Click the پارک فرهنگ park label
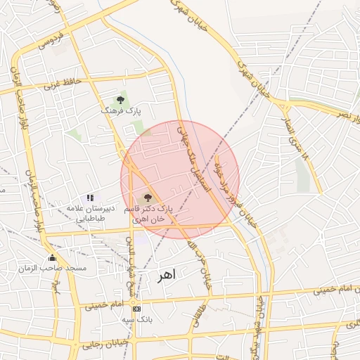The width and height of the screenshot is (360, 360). (120, 111)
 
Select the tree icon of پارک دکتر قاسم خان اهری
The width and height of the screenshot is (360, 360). (147, 198)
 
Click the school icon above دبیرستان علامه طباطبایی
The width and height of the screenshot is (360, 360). (89, 198)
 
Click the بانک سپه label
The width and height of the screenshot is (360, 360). (136, 320)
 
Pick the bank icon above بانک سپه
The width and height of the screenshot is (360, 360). (136, 309)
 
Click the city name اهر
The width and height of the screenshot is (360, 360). (165, 276)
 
